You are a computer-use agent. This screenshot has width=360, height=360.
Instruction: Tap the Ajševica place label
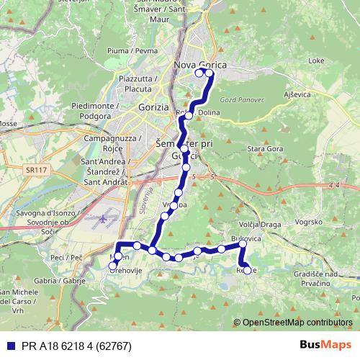coord(297,95)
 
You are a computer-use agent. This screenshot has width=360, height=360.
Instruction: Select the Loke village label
coord(316,62)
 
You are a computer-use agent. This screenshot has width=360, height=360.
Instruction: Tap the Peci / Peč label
coord(63,257)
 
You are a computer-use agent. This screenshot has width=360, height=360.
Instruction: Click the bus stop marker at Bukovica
coord(243,244)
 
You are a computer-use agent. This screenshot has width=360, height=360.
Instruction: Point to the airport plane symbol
coord(104,218)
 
